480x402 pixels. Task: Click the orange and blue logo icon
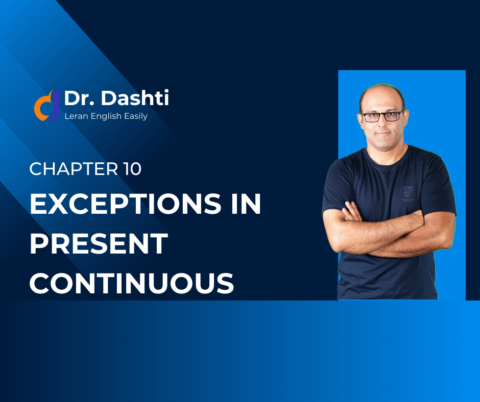coord(47,106)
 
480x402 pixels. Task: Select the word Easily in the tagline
coord(136,116)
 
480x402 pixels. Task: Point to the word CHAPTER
coord(74,169)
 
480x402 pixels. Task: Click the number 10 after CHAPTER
coord(132,169)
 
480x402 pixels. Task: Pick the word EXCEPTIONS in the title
coord(126,204)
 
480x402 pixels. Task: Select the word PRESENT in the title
coord(99,243)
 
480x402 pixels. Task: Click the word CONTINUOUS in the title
coord(132,283)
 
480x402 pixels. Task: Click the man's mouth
coord(383,133)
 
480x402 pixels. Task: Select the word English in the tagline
coord(106,116)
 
